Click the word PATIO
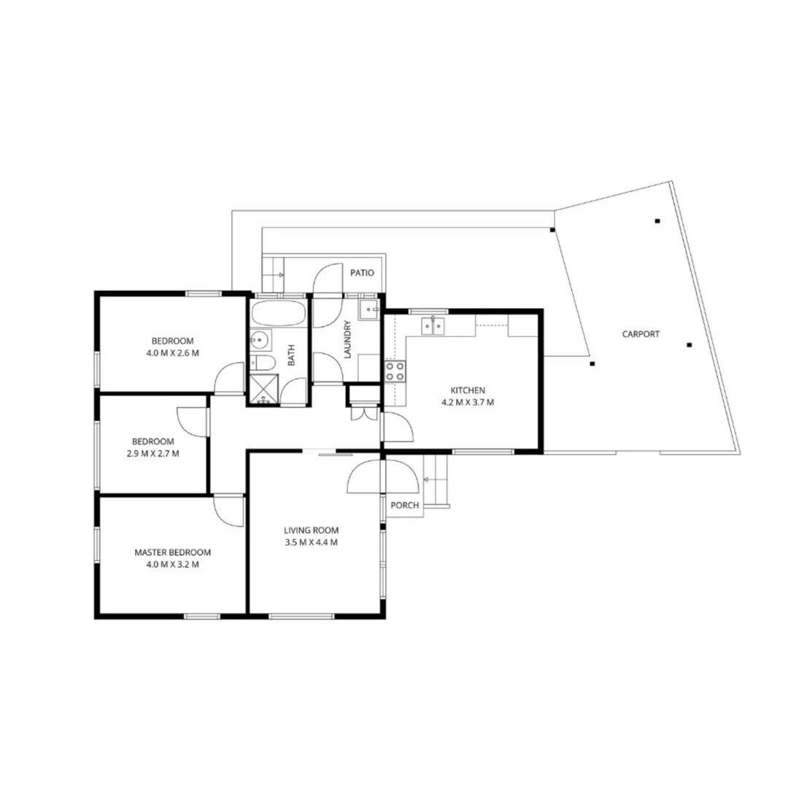tap(362, 273)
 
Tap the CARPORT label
tap(641, 334)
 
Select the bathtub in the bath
tap(278, 314)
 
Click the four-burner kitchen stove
tap(395, 371)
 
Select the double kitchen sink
tap(433, 325)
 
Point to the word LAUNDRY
tap(348, 340)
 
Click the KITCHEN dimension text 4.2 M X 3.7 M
tap(467, 402)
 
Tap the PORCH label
tap(404, 506)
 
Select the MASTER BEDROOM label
tap(173, 552)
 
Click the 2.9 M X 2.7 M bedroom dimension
tap(152, 453)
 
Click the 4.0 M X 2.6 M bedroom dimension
tap(173, 352)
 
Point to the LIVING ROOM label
tap(312, 530)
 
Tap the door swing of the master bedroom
tap(228, 510)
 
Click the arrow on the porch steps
tap(429, 479)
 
